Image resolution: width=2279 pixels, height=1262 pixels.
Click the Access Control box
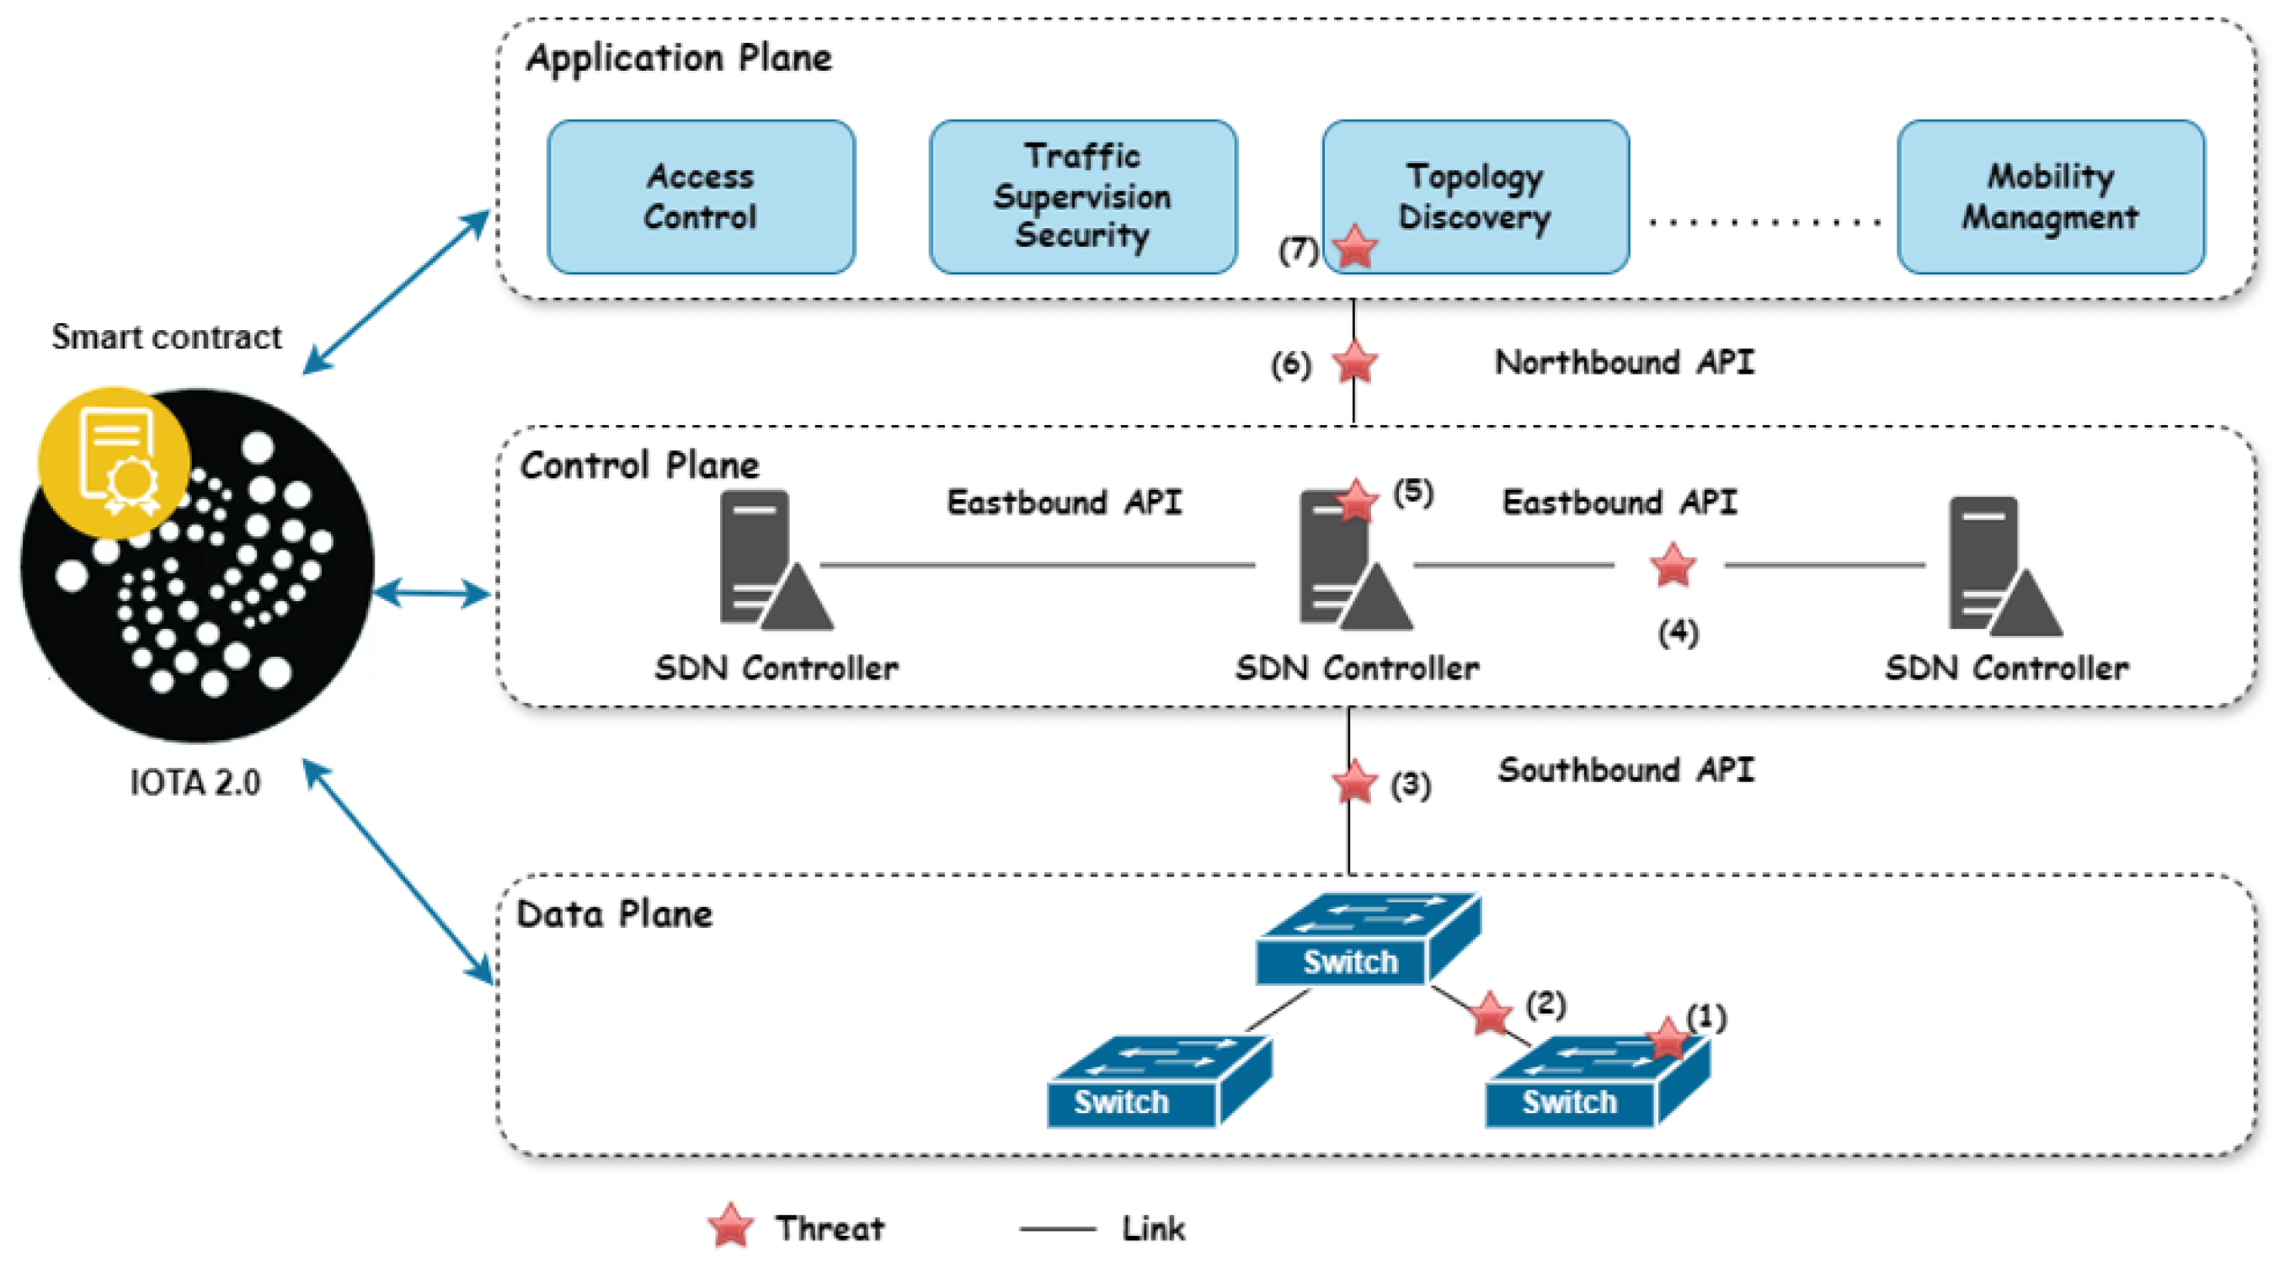(x=701, y=196)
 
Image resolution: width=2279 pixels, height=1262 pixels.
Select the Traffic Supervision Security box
(x=1083, y=196)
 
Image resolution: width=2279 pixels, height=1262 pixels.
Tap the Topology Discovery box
(x=1476, y=196)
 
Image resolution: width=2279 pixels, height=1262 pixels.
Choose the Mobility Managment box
(x=2050, y=196)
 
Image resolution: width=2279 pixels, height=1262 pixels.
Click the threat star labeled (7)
(x=1354, y=247)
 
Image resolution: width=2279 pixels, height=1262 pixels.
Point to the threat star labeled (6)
(x=1354, y=363)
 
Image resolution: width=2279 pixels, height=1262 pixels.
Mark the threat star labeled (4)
(x=1672, y=565)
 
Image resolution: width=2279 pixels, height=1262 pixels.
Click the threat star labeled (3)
(x=1353, y=783)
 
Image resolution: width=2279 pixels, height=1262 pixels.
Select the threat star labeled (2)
(x=1490, y=1014)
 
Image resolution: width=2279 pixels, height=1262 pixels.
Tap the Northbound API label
(x=1624, y=363)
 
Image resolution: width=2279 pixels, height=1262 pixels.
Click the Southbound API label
(x=1625, y=770)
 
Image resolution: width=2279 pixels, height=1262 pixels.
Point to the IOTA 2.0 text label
(x=195, y=783)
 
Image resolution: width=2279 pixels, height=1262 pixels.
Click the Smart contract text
(x=166, y=337)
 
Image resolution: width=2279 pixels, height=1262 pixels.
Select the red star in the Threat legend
(x=731, y=1226)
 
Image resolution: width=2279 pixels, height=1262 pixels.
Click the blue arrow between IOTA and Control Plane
(x=432, y=594)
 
